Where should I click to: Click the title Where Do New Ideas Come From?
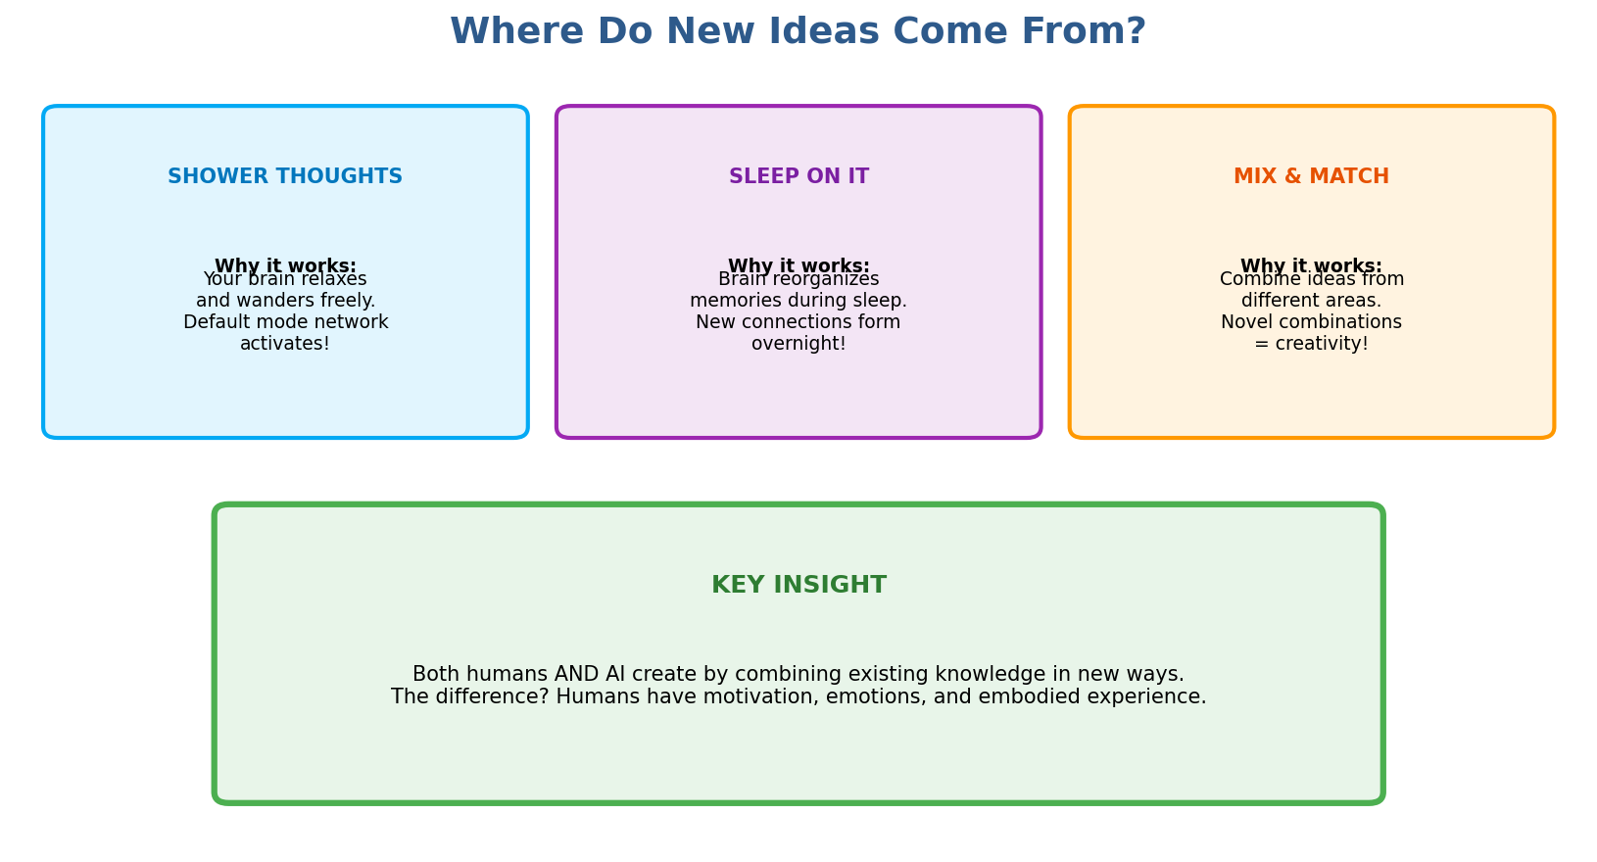(798, 32)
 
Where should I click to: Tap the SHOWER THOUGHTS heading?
(285, 177)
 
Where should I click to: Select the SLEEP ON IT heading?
(798, 177)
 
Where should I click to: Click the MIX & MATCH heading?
(1311, 177)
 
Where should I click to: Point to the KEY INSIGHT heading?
(798, 586)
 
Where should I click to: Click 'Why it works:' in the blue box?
(285, 264)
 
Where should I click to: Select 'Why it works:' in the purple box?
(798, 264)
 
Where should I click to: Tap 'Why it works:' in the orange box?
(1311, 264)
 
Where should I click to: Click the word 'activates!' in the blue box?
(285, 344)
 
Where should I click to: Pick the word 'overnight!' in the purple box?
(798, 344)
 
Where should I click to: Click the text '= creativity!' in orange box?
(1311, 344)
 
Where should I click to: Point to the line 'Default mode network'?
(285, 322)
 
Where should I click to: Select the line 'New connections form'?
(798, 322)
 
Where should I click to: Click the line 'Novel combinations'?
(1311, 322)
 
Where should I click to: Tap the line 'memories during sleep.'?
(798, 301)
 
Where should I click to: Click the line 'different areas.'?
(1311, 301)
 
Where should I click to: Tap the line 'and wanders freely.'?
(285, 301)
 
